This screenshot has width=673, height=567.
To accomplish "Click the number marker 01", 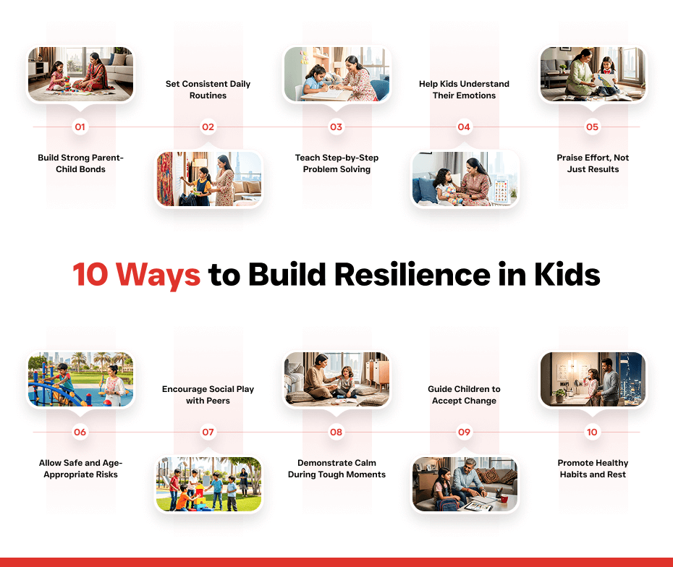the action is point(80,127).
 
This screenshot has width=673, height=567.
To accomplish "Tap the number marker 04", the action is point(464,127).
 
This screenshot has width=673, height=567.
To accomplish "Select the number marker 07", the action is point(208,432).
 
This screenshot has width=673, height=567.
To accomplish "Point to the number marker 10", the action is point(592,432).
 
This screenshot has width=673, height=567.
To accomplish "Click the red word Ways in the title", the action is point(158,275).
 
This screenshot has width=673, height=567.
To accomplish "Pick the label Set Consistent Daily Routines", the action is point(208,90).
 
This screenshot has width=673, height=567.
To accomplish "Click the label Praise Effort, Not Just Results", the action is point(593,163).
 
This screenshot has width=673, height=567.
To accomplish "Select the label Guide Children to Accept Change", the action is point(464,395).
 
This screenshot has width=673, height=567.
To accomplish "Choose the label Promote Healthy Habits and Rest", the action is point(593,469).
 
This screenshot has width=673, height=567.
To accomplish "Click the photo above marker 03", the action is point(337,74).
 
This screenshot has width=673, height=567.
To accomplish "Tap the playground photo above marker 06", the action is point(81,379).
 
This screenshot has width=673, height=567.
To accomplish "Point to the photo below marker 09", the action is point(465,484).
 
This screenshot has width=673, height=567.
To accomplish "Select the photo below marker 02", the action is point(209,179).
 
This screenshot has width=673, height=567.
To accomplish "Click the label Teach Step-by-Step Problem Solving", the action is point(337,163).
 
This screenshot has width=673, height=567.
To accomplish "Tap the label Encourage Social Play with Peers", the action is point(208,395).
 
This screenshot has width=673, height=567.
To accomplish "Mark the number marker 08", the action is point(336,432).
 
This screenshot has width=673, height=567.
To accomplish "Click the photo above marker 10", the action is point(593,379).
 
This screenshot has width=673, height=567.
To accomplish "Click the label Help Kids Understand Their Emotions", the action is point(464,90).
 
